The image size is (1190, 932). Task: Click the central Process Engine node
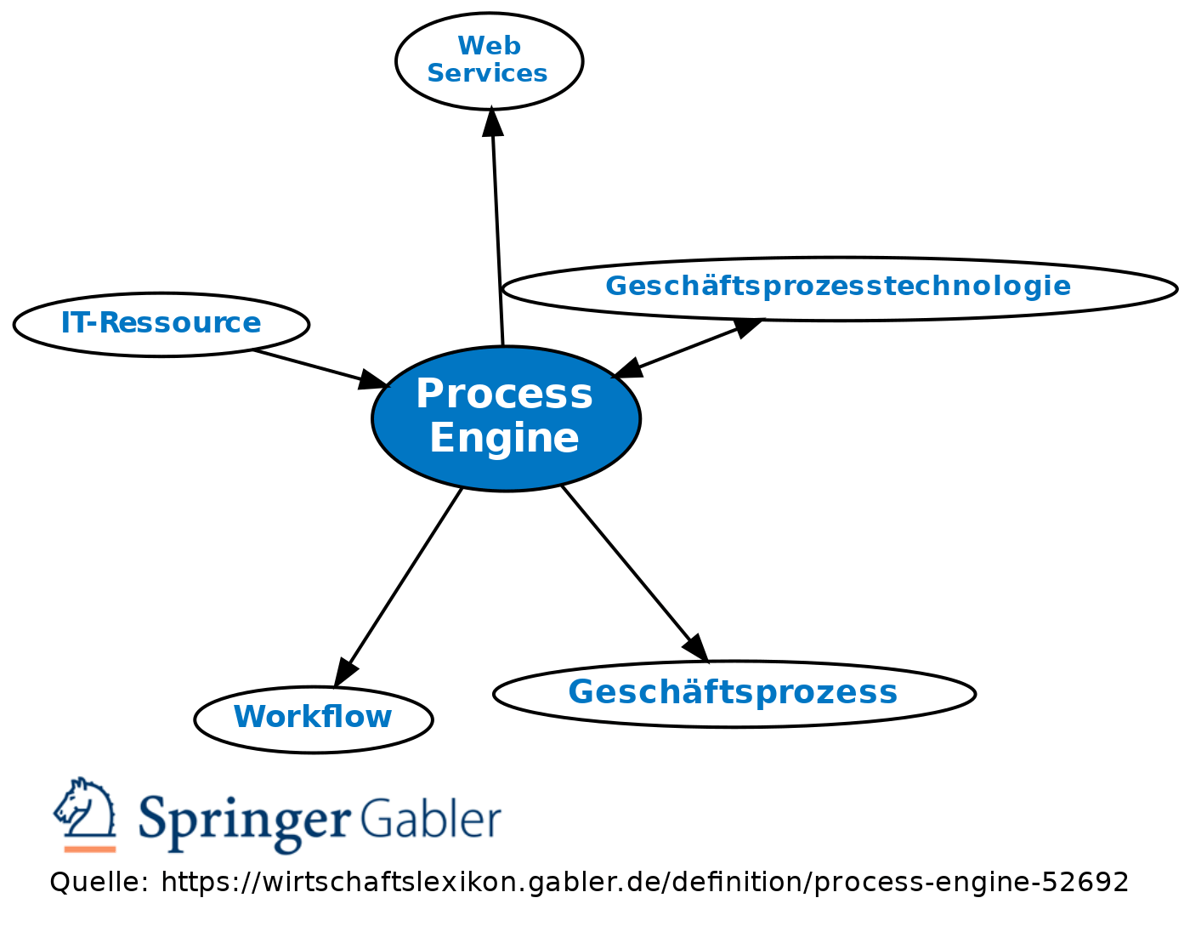(506, 418)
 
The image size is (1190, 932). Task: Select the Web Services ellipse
(489, 60)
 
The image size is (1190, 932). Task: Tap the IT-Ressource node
(161, 324)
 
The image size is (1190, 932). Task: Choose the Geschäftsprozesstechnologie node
(839, 288)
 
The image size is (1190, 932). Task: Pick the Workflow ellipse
(314, 719)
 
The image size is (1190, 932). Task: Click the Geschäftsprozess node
(734, 693)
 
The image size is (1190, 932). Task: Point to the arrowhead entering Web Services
(492, 121)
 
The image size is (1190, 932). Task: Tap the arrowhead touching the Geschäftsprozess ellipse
(696, 647)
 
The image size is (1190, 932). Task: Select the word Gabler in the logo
(429, 818)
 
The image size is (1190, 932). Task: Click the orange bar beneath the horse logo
(89, 848)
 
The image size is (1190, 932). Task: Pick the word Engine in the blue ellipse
(504, 439)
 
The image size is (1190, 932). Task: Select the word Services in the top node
(487, 74)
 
